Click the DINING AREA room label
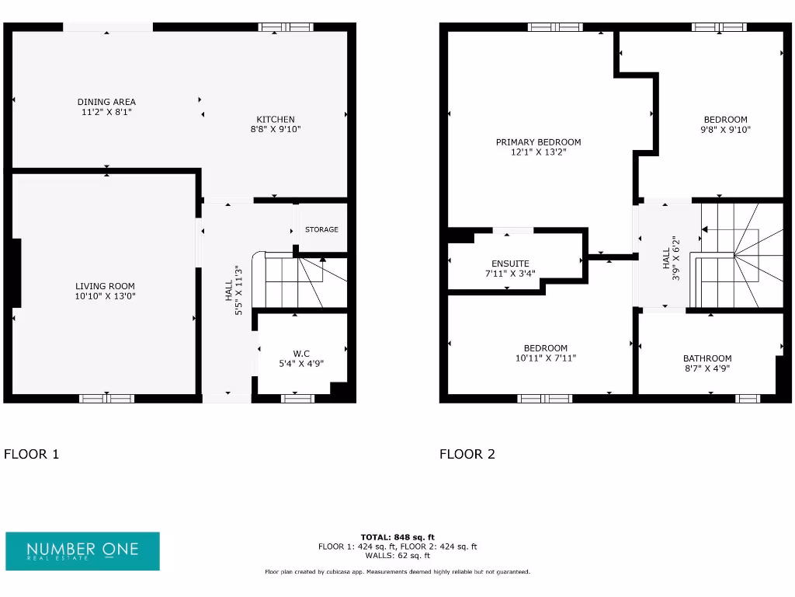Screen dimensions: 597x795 pyautogui.click(x=106, y=102)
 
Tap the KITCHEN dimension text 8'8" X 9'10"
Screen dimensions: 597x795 pyautogui.click(x=276, y=130)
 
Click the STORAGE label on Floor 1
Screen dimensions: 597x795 pyautogui.click(x=321, y=230)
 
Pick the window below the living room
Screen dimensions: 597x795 pyautogui.click(x=107, y=399)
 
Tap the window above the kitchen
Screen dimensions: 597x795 pyautogui.click(x=286, y=27)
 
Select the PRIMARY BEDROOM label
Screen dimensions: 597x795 pyautogui.click(x=538, y=142)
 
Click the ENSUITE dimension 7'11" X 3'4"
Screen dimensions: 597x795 pyautogui.click(x=510, y=274)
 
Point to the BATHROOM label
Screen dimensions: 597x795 pyautogui.click(x=707, y=358)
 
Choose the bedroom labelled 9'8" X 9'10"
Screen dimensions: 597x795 pyautogui.click(x=725, y=124)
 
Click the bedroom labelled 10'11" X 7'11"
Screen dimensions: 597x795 pyautogui.click(x=545, y=353)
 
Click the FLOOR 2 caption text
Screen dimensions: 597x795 pyautogui.click(x=467, y=454)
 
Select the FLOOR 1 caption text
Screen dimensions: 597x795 pyautogui.click(x=31, y=454)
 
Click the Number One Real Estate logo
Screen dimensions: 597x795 pyautogui.click(x=82, y=551)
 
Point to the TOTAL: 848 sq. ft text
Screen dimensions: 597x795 pyautogui.click(x=397, y=537)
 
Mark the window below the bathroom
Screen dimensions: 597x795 pyautogui.click(x=747, y=399)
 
